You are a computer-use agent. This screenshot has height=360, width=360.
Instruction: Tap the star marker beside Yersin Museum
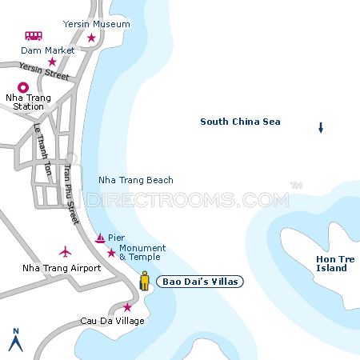pos(91,38)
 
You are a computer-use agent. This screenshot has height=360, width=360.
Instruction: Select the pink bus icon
pos(34,36)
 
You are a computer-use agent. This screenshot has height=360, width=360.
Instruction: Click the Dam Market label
pos(48,50)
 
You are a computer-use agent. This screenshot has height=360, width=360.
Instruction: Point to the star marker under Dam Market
pos(52,62)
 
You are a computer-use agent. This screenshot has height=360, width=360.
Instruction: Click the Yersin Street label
pos(44,71)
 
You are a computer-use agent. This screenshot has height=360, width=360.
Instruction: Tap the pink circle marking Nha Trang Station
pos(22,88)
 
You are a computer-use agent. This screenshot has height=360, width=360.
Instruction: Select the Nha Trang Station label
pos(29,102)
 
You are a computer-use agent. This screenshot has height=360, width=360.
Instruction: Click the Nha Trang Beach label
pos(135,180)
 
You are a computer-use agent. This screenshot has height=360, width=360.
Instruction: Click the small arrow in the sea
pos(321,127)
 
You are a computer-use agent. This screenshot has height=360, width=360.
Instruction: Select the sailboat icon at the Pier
pos(100,238)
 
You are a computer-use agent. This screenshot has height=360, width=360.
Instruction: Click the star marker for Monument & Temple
pos(110,253)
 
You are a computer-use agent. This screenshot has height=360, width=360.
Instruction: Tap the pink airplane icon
pos(65,252)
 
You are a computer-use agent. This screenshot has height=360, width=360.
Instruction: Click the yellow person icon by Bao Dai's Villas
pos(145,281)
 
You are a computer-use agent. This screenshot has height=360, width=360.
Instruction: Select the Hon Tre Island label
pos(331,263)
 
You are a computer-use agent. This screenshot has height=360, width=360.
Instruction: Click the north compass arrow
pos(14,340)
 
